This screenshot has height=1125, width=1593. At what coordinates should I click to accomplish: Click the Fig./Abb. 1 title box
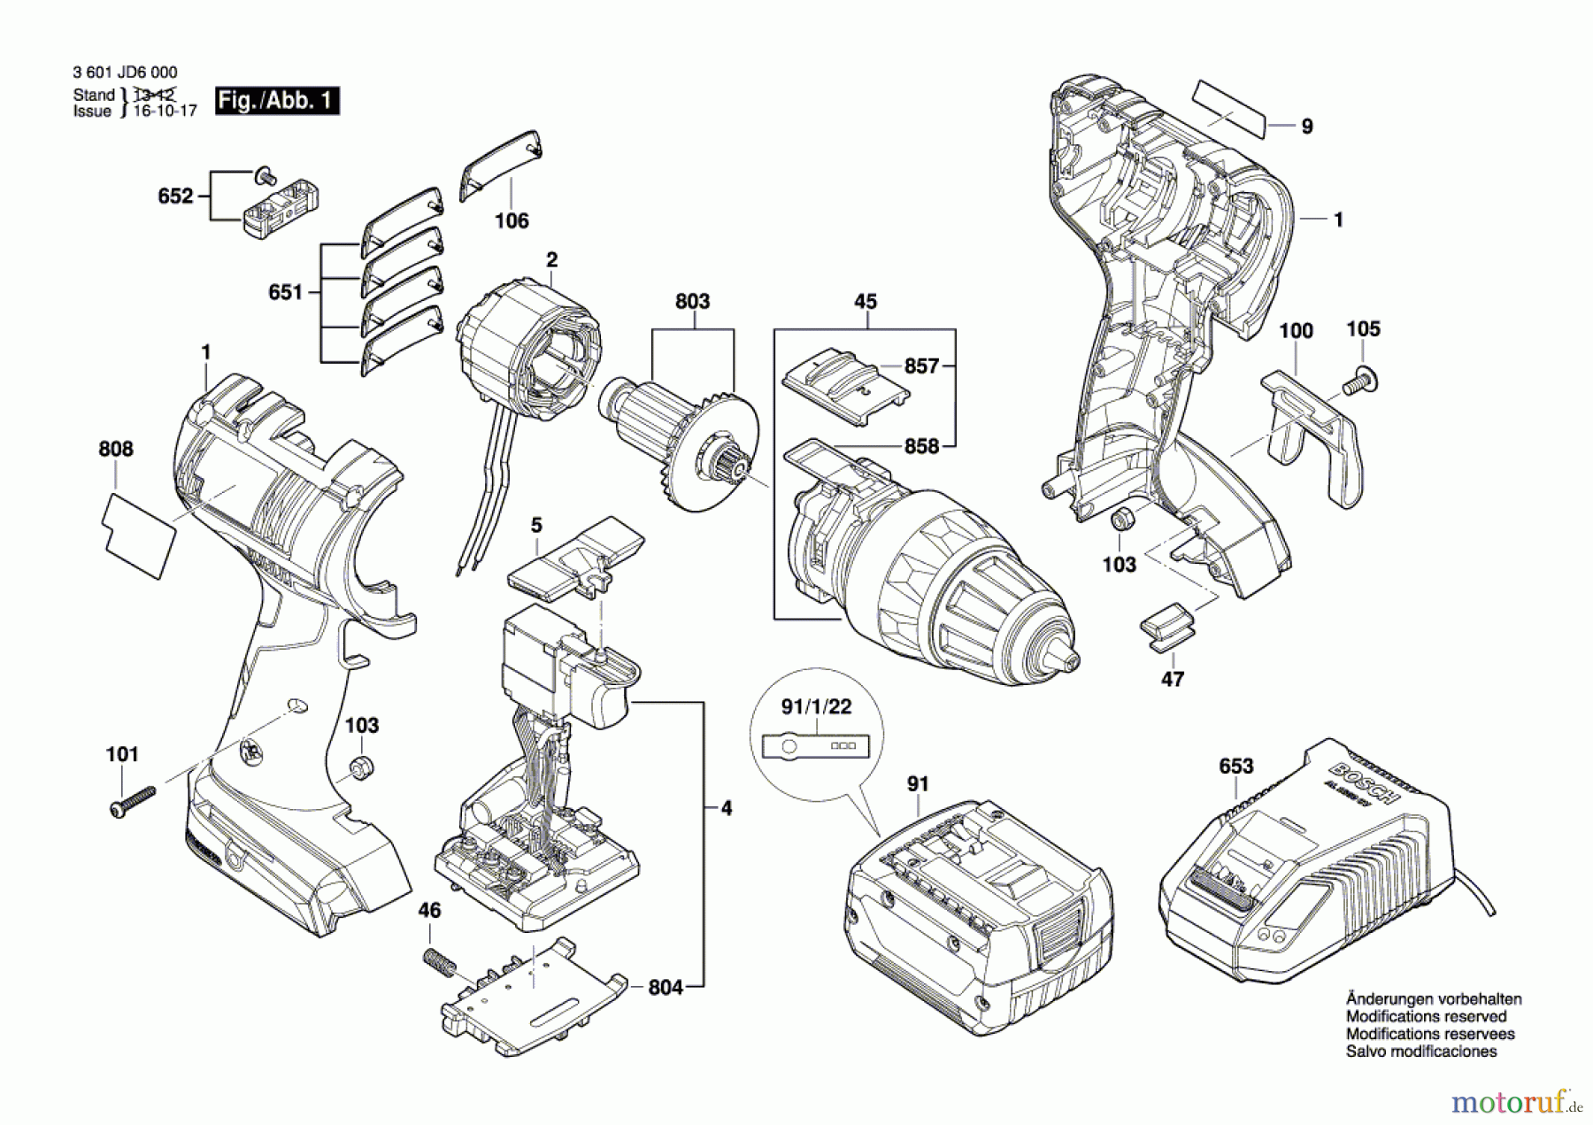[277, 101]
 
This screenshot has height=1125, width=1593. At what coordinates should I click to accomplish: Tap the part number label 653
[1235, 766]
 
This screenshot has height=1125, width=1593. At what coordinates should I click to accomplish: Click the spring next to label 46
[438, 963]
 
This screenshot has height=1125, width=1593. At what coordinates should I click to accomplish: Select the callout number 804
[666, 987]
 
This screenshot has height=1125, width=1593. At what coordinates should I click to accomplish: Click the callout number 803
[692, 302]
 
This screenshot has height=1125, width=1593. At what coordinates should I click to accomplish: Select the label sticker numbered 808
[140, 536]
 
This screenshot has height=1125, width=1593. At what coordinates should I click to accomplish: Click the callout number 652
[175, 196]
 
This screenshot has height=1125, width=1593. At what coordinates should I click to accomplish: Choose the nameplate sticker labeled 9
[1230, 108]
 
